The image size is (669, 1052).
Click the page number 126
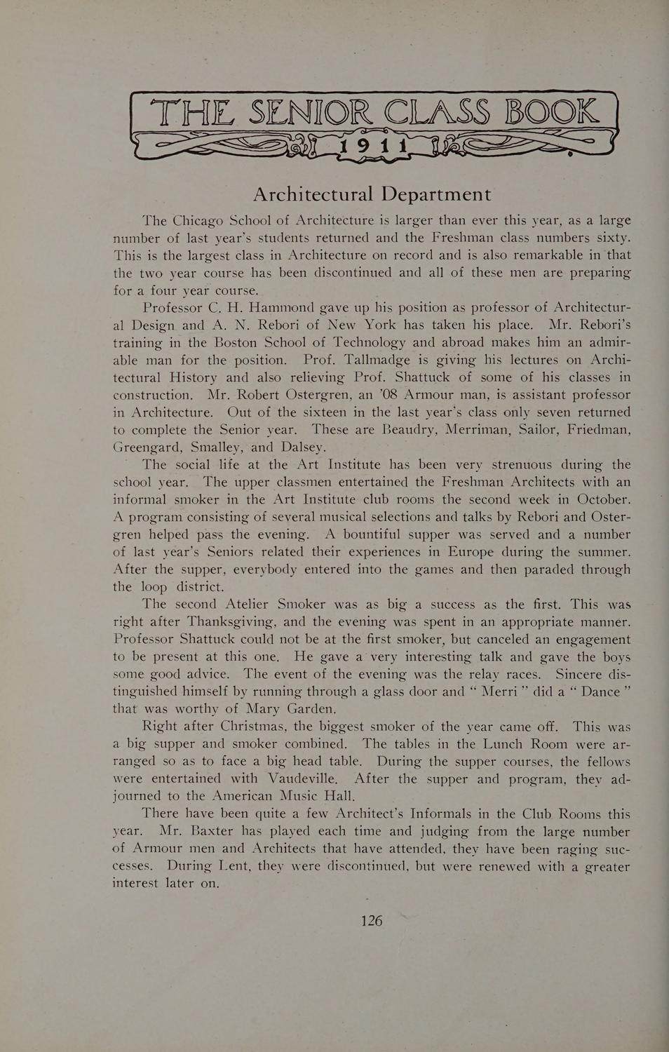[372, 920]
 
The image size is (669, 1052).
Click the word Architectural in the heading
[313, 194]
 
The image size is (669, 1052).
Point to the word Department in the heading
[435, 194]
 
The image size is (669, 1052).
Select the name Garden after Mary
[309, 708]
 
